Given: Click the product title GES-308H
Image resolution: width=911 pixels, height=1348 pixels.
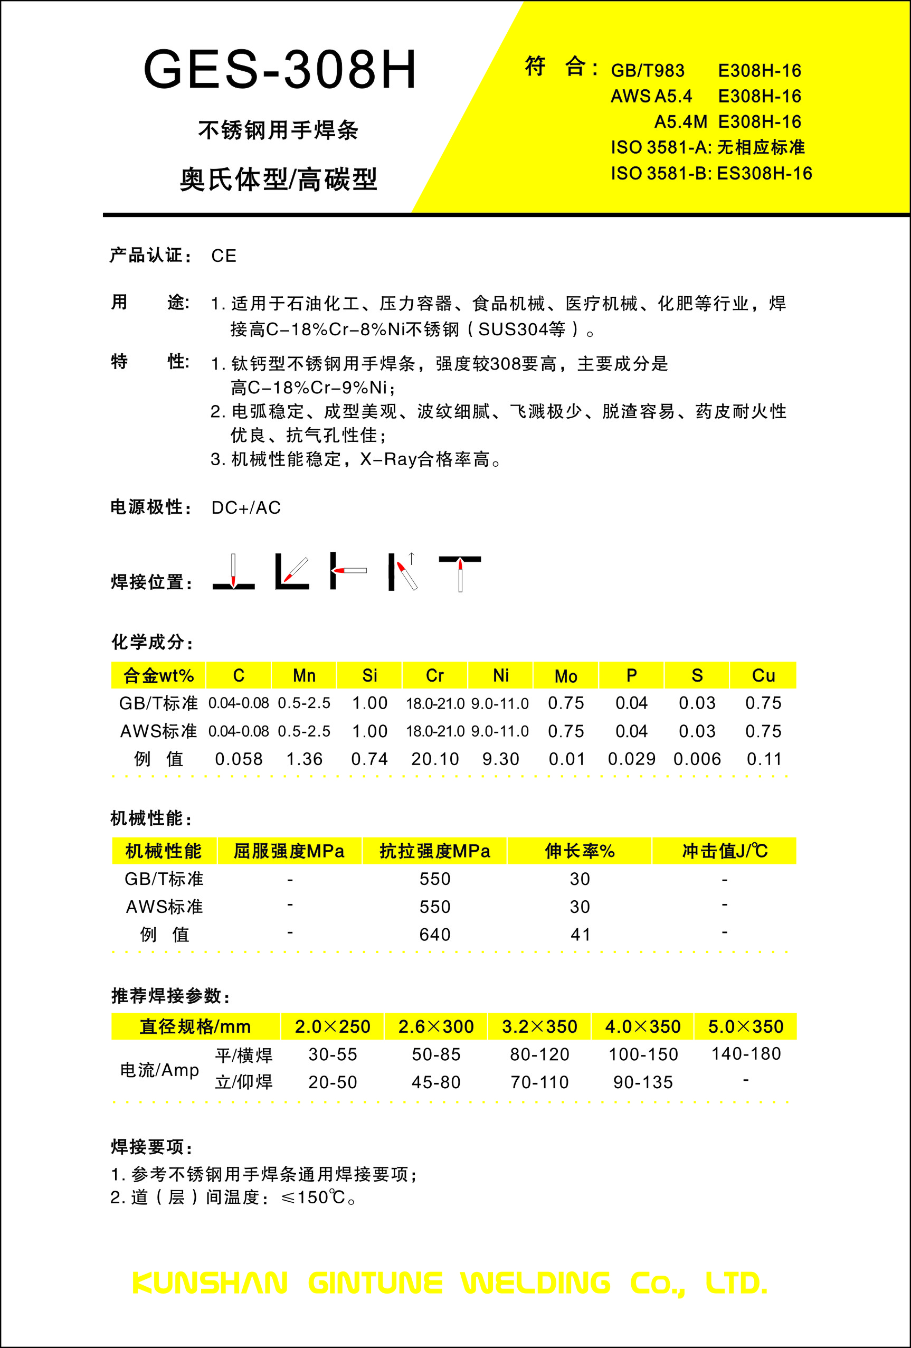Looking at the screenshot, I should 280,70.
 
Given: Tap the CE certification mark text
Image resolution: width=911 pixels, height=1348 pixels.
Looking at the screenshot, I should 224,256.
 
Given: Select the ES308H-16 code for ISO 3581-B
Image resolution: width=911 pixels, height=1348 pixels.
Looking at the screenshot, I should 764,173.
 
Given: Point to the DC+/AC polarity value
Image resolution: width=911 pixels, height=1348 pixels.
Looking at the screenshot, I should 246,507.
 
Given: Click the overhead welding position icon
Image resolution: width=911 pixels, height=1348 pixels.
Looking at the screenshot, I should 460,573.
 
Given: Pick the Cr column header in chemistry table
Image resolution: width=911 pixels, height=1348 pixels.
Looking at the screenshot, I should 435,676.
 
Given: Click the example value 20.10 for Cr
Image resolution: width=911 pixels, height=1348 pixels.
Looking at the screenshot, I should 435,759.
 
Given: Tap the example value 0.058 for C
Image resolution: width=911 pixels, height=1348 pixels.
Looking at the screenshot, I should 239,759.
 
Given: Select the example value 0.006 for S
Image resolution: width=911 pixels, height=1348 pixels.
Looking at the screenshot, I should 697,759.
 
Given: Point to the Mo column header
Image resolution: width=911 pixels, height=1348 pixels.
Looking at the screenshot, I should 566,676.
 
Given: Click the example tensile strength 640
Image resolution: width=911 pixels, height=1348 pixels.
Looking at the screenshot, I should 435,935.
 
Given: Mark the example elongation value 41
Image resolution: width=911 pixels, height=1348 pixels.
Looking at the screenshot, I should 580,935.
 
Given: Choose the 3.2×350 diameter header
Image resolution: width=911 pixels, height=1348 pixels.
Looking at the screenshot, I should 539,1026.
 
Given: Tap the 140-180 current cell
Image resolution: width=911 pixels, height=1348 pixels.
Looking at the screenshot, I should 746,1054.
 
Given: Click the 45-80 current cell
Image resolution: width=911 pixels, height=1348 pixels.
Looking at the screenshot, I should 436,1082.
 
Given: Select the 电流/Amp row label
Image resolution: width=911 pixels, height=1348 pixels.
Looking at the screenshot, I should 159,1070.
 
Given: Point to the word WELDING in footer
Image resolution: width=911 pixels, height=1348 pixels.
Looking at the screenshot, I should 535,1283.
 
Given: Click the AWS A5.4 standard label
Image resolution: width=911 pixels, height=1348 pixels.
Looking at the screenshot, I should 651,96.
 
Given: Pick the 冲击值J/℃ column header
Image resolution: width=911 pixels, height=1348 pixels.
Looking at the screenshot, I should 725,852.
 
